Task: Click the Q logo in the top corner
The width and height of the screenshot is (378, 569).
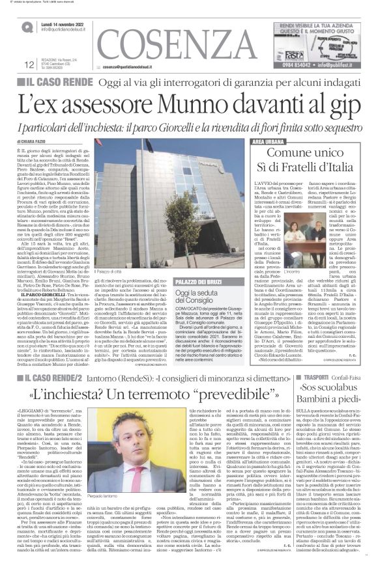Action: [x=27, y=27]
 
